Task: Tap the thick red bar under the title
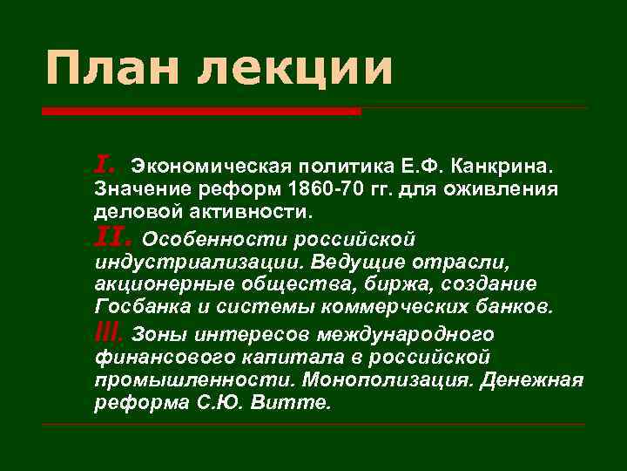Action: [201, 112]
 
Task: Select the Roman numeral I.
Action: [104, 163]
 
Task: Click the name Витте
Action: [304, 404]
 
